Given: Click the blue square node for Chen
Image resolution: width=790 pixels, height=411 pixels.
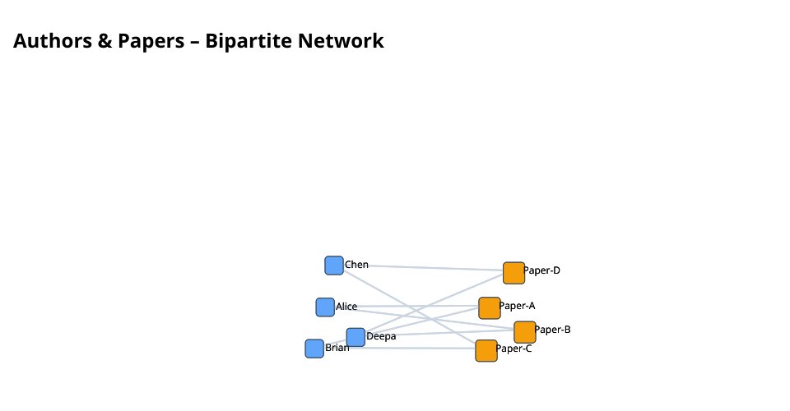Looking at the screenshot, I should click(x=334, y=266).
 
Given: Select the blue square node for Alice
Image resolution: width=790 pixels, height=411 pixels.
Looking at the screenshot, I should click(x=325, y=307).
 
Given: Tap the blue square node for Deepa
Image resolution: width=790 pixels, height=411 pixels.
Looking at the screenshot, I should click(x=355, y=337).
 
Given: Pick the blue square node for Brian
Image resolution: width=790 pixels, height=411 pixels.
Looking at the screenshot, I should click(x=314, y=349).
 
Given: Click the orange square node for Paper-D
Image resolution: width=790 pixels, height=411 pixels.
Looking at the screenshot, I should click(x=513, y=272).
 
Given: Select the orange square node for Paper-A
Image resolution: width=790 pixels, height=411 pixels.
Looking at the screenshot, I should click(x=490, y=307).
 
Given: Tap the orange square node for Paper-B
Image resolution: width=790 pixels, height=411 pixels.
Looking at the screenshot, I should click(x=525, y=332).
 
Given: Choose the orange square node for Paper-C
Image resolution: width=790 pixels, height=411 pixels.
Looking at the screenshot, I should click(x=486, y=350).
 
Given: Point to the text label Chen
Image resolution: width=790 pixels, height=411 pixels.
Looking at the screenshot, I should click(x=356, y=265).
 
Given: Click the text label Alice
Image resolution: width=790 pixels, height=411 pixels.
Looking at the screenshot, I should click(x=346, y=307).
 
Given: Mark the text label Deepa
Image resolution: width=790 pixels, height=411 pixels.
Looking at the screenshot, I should click(x=381, y=336).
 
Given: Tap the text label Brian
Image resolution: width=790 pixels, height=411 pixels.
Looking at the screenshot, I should click(x=337, y=348).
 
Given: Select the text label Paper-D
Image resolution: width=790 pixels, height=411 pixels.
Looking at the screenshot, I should click(x=541, y=270).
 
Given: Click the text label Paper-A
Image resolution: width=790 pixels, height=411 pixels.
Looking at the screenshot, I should click(x=517, y=306).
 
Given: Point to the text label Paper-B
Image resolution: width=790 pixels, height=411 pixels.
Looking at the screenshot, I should click(x=552, y=330).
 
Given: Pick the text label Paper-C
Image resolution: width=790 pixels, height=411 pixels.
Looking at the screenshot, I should click(x=513, y=349).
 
